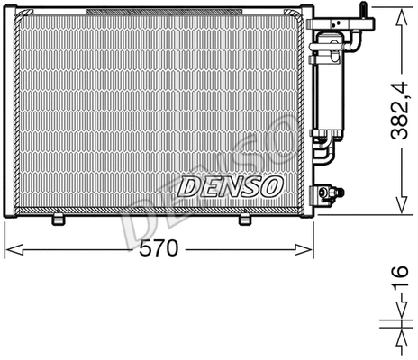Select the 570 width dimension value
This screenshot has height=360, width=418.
[x=160, y=249]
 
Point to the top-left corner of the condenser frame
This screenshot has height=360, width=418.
[x=7, y=13]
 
